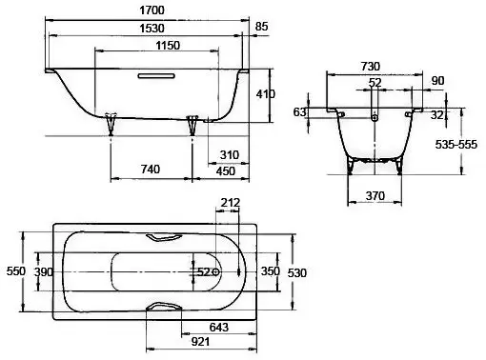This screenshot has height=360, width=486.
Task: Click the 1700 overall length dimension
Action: click(x=152, y=10)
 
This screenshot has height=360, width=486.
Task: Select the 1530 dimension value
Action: click(x=152, y=29)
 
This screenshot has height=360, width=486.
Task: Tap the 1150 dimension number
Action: click(x=168, y=46)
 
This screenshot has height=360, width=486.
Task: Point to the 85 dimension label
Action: click(x=262, y=27)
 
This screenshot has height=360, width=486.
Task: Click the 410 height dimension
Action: click(x=266, y=94)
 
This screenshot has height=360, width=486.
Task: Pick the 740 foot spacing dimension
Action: click(x=150, y=169)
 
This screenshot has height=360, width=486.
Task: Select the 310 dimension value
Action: click(x=229, y=155)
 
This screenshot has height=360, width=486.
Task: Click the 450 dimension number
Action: click(x=226, y=171)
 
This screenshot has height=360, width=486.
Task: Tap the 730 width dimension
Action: click(x=371, y=66)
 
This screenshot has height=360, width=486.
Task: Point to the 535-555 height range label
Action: click(x=456, y=145)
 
